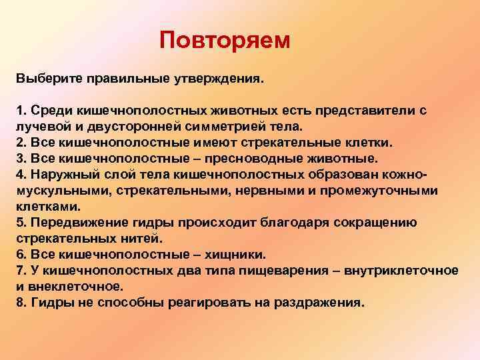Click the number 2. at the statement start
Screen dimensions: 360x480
(21, 143)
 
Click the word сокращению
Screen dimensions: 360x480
(378, 222)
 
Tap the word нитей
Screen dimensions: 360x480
(123, 238)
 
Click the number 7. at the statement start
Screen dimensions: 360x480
(21, 270)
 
